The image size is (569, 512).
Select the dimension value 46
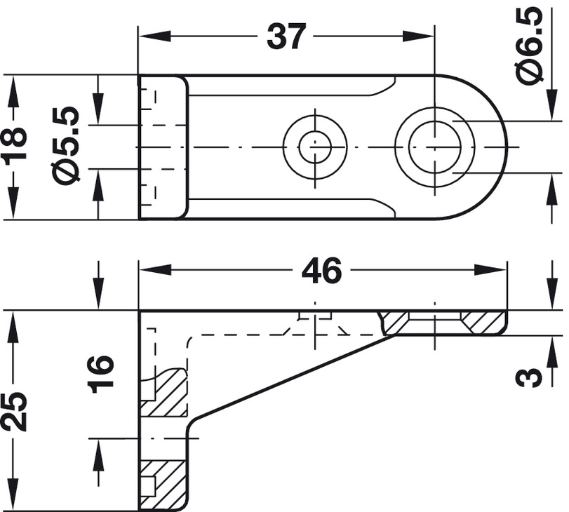(321, 270)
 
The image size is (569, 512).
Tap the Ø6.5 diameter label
(531, 46)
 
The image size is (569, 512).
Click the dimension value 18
(15, 145)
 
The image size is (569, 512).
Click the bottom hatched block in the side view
(163, 484)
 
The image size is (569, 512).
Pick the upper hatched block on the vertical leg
(165, 393)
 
